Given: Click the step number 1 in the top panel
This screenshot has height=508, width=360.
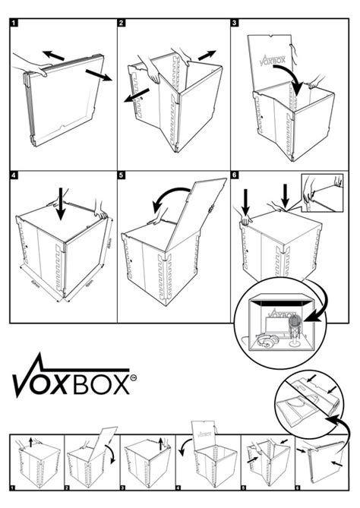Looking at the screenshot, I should (x=14, y=24).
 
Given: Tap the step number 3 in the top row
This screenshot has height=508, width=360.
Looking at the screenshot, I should (x=235, y=24).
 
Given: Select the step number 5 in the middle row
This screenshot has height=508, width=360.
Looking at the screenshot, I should (x=122, y=175).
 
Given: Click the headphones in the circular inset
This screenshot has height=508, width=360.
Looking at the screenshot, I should (x=263, y=343).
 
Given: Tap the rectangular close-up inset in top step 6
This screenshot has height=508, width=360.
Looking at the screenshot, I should (x=323, y=191).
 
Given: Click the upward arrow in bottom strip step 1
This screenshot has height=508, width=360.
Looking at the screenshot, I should (x=30, y=441).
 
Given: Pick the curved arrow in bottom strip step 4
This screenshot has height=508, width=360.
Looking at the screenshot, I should (x=183, y=453).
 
